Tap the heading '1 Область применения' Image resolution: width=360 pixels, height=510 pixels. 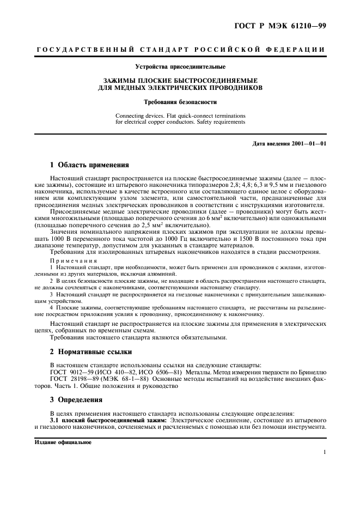(89, 164)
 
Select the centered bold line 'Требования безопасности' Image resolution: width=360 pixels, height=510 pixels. (180, 102)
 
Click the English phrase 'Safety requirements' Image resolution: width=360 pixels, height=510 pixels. (217, 122)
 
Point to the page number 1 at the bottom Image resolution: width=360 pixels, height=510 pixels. (324, 452)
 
